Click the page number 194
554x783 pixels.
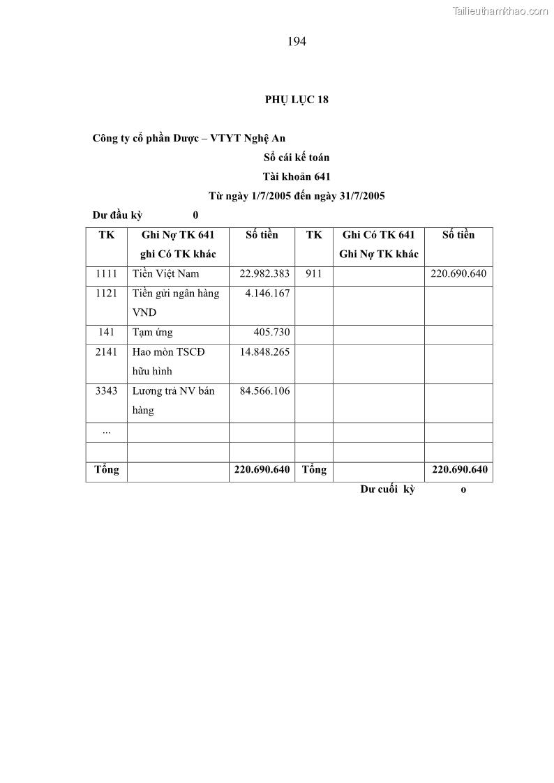pos(297,41)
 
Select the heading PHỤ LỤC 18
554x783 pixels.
pos(297,99)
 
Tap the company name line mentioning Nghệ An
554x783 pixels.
pos(188,138)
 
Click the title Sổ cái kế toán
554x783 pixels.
pos(297,158)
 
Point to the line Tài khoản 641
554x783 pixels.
pos(297,176)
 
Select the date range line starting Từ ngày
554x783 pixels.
pos(297,196)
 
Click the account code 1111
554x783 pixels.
pos(107,274)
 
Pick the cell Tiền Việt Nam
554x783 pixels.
pos(166,274)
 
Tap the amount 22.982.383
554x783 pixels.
pos(264,274)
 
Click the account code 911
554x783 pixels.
pos(313,274)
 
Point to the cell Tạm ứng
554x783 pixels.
pos(153,333)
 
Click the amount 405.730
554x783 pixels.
pos(271,333)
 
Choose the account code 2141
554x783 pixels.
pos(107,352)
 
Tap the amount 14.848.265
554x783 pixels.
pos(264,352)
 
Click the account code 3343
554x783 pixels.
pos(107,391)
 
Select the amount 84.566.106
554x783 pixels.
pos(264,391)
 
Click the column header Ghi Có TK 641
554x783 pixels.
pos(378,235)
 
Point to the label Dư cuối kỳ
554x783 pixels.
pos(388,489)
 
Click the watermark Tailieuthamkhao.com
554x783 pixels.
pos(500,10)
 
